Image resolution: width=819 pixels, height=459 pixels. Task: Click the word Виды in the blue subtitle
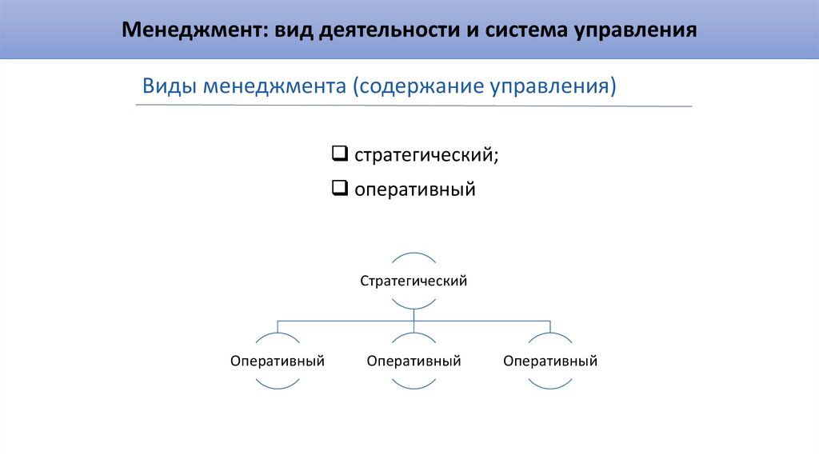169,86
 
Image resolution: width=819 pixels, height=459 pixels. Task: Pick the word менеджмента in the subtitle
271,86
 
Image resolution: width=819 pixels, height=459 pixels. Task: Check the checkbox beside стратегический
338,152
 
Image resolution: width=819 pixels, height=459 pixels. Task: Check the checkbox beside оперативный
338,190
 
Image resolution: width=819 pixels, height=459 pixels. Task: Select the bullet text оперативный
415,190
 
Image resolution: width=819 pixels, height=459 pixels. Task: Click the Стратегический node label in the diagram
413,281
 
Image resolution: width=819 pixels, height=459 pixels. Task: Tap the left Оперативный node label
278,361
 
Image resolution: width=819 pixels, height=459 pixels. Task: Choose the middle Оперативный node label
413,361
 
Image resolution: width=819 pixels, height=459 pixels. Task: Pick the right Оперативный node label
550,361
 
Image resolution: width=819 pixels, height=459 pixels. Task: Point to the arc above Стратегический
413,255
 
